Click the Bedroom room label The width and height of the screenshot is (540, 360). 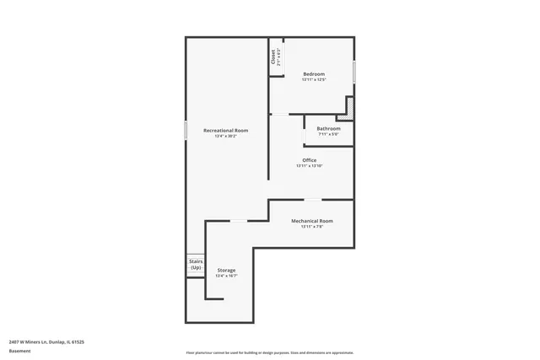tap(314, 74)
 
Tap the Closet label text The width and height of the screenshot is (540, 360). tap(273, 55)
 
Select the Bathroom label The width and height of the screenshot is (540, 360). tap(328, 128)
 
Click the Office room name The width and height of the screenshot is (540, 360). tap(310, 159)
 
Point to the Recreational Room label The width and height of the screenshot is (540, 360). tap(225, 130)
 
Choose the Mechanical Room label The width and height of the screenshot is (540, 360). tap(312, 221)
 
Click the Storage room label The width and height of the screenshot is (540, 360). tap(226, 270)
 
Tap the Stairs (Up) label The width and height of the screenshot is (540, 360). tap(196, 265)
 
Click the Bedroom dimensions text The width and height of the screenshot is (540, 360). tap(314, 80)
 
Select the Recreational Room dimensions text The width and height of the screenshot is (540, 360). tap(225, 136)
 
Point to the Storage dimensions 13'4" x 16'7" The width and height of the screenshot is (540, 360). tap(226, 276)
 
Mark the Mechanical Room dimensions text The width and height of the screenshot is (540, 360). tap(312, 227)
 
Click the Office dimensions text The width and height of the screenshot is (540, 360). tap(310, 165)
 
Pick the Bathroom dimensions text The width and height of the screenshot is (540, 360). tap(328, 134)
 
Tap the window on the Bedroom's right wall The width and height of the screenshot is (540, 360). tap(354, 72)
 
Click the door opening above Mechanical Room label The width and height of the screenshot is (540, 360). tap(313, 200)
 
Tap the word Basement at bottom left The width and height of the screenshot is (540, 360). tap(19, 351)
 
